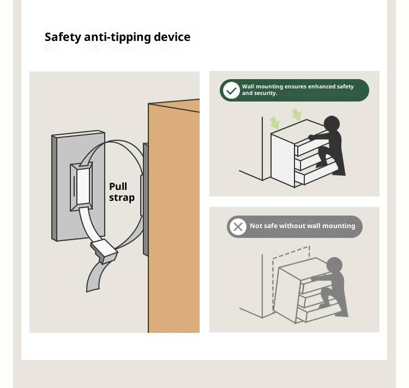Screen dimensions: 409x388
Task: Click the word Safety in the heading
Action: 63,37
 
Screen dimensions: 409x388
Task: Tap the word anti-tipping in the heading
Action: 117,37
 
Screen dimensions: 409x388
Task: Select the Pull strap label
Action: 122,192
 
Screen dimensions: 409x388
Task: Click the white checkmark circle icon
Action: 231,91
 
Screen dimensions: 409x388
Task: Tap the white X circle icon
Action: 238,226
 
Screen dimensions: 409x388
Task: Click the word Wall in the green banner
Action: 248,86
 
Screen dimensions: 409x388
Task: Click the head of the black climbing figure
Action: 332,123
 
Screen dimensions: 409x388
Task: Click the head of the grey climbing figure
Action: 334,265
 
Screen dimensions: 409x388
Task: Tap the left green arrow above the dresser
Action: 275,123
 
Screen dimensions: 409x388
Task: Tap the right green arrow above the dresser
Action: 297,114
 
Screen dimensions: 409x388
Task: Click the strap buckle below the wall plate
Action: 104,251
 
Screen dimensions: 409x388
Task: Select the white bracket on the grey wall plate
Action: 81,187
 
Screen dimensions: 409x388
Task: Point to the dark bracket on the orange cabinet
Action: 146,199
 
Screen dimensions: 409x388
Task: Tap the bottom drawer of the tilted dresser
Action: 319,313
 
